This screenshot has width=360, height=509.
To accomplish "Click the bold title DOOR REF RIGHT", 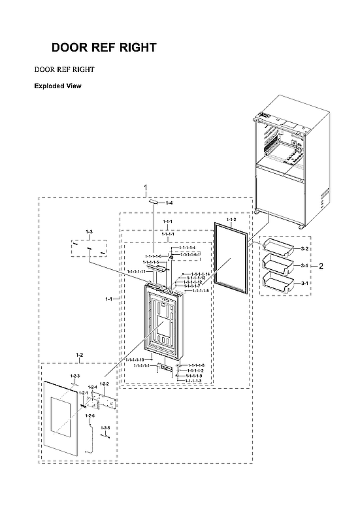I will point(104,48).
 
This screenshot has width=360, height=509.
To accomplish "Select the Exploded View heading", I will point(57,86).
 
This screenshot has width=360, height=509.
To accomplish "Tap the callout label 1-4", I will point(169,204).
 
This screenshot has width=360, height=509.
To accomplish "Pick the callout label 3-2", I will point(305,250).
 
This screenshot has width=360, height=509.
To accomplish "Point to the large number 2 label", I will point(321,266).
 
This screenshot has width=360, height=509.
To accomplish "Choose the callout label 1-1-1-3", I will point(192,381).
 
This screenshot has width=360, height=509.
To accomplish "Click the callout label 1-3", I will point(90,232).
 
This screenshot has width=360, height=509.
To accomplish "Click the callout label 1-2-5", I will point(105,427).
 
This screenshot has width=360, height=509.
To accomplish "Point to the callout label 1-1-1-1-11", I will point(136,271).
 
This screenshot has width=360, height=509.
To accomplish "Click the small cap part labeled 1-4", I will point(153,203).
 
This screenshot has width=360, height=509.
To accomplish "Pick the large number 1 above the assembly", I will point(145,188).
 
